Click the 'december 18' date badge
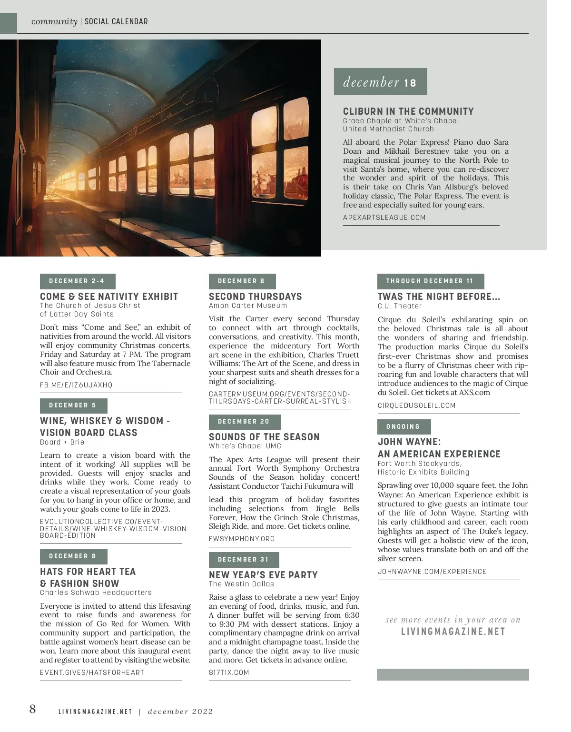(380, 82)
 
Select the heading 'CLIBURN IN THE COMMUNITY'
(408, 111)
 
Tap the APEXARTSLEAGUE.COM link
(384, 218)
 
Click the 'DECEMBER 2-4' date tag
(77, 281)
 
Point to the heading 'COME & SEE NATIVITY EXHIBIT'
(109, 297)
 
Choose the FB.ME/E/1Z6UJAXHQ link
(76, 385)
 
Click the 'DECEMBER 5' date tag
(73, 406)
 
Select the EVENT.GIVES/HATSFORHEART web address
(92, 673)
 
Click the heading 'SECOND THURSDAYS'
(255, 297)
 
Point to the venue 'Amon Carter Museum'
(248, 306)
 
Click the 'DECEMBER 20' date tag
(244, 422)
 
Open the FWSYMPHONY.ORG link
(242, 539)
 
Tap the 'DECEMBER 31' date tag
(244, 560)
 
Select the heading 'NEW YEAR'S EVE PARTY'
(263, 575)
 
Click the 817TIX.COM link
(229, 673)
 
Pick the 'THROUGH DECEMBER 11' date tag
(430, 281)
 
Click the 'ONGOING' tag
(404, 427)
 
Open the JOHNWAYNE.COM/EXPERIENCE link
(432, 572)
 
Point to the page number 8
(32, 709)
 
